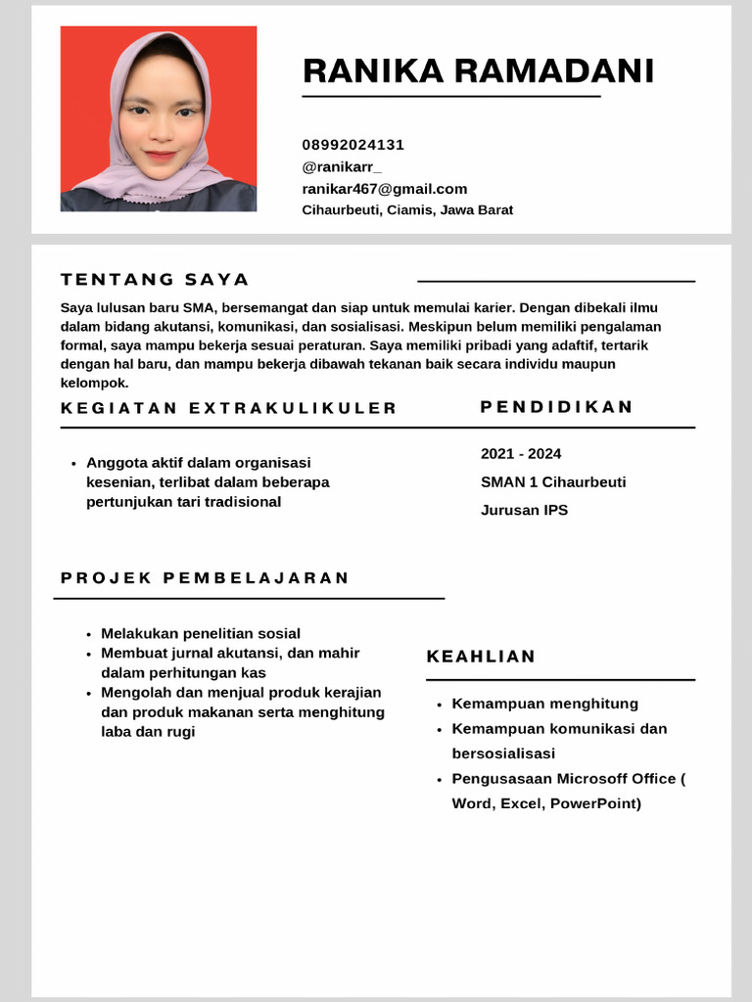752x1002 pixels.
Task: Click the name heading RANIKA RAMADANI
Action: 478,71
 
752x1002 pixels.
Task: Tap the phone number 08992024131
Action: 352,145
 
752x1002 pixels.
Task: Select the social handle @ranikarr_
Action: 342,166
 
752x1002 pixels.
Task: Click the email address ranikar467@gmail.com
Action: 384,189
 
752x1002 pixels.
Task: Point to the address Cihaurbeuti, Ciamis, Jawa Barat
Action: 407,210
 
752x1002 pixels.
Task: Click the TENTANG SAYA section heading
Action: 155,280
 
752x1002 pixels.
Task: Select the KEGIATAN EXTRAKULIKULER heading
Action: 229,408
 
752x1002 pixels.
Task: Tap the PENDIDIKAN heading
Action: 557,407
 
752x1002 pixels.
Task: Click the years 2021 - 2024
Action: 521,454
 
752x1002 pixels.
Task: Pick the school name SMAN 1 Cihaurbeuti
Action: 553,482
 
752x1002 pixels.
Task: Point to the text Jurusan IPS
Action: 524,510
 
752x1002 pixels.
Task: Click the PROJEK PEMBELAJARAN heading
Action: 205,577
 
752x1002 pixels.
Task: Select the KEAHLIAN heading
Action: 481,657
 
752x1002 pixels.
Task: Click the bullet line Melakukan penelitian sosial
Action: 201,634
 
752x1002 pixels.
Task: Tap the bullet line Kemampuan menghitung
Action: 544,704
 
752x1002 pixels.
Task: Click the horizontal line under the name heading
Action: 450,97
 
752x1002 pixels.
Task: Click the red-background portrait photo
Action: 159,118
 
